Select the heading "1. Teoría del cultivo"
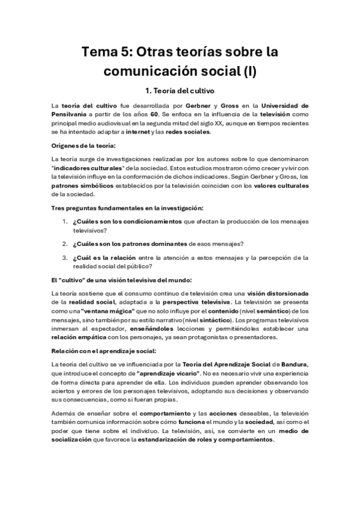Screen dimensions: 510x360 (x=180, y=92)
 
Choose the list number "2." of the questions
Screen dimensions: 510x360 (x=66, y=243)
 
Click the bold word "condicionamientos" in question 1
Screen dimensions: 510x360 (x=140, y=221)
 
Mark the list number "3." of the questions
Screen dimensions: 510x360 (x=66, y=257)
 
